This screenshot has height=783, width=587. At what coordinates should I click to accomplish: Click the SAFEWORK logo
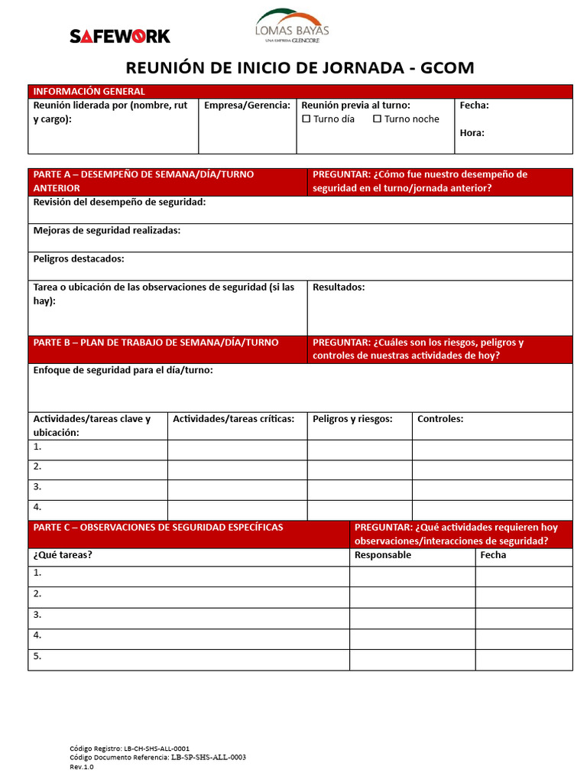pyautogui.click(x=120, y=36)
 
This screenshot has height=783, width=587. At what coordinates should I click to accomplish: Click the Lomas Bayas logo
pyautogui.click(x=292, y=26)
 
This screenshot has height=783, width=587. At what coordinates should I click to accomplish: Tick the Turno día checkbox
pyautogui.click(x=307, y=119)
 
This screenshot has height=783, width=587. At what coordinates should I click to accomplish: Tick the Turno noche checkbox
pyautogui.click(x=378, y=119)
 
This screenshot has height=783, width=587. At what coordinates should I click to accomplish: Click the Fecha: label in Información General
pyautogui.click(x=474, y=106)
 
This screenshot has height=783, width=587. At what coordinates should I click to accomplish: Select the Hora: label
pyautogui.click(x=472, y=133)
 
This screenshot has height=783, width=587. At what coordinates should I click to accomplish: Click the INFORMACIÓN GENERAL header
pyautogui.click(x=89, y=92)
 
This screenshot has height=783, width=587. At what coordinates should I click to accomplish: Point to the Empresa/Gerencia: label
pyautogui.click(x=247, y=106)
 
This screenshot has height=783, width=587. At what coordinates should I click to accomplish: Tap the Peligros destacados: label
pyautogui.click(x=79, y=259)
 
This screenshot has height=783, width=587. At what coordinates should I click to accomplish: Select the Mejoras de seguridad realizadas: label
pyautogui.click(x=107, y=231)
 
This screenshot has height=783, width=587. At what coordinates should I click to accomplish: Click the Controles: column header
pyautogui.click(x=440, y=419)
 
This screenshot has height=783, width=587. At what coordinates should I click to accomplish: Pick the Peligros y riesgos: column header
pyautogui.click(x=352, y=419)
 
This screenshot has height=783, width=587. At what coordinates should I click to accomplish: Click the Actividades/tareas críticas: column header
pyautogui.click(x=234, y=419)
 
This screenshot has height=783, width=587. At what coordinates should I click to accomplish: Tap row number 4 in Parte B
pyautogui.click(x=37, y=507)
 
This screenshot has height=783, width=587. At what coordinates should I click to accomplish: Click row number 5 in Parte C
pyautogui.click(x=37, y=656)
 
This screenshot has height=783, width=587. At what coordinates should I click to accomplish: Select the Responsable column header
pyautogui.click(x=383, y=555)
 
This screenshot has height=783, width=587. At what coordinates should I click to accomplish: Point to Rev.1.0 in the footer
pyautogui.click(x=82, y=767)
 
